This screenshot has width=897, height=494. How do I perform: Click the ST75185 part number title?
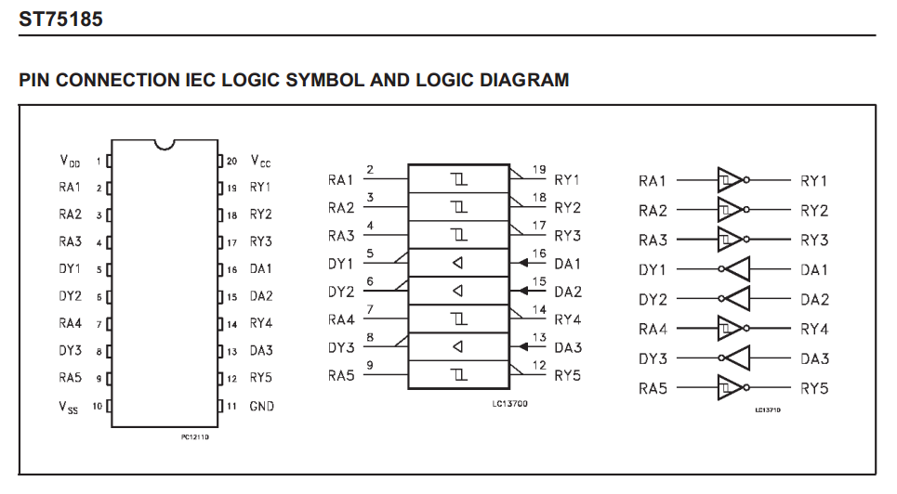point(60,19)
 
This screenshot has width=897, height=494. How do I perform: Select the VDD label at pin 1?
point(70,161)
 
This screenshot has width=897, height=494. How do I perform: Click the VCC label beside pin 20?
point(260,161)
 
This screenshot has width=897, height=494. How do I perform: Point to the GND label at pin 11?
point(261,406)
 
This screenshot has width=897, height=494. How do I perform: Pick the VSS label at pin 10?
point(70,407)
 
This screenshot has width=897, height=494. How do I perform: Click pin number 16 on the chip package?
point(231,269)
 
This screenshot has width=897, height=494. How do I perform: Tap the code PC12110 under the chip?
point(194,435)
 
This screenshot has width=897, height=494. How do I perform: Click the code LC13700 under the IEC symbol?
point(510,403)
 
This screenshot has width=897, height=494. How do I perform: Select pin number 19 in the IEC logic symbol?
point(538,170)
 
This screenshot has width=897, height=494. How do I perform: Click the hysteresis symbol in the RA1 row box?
point(457,179)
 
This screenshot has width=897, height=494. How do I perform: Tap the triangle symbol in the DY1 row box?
point(457,263)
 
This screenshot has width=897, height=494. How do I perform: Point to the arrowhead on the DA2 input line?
point(515,291)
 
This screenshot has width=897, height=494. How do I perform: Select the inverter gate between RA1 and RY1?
point(731,180)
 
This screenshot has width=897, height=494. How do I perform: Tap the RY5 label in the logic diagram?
point(813,388)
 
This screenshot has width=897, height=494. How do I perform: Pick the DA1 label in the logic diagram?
point(813,269)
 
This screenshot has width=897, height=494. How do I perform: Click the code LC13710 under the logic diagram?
point(768,409)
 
